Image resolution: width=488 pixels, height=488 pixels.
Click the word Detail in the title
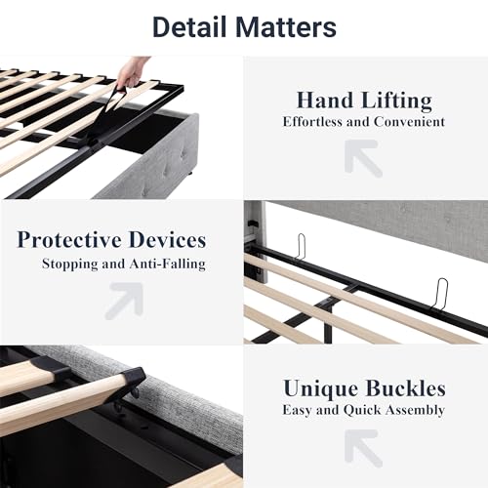click(189, 27)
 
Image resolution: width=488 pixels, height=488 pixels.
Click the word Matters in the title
click(286, 27)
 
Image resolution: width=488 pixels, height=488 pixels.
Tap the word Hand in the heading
click(325, 100)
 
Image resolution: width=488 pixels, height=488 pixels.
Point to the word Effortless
click(312, 122)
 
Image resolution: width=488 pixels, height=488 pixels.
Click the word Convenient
click(409, 122)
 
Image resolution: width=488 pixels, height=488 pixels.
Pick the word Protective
click(69, 240)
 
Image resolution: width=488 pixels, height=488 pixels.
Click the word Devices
click(168, 240)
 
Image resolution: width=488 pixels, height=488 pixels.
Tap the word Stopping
click(70, 264)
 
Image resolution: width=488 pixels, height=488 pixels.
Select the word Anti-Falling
click(168, 264)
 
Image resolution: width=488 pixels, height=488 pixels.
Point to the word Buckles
click(406, 388)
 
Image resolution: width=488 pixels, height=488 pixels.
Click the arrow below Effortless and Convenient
click(363, 158)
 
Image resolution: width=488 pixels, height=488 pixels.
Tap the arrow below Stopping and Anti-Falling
click(124, 301)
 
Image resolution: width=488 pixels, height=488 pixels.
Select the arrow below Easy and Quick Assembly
click(363, 448)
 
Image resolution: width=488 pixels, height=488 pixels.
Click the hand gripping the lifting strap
click(132, 73)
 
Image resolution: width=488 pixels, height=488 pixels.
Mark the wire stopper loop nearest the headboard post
click(301, 247)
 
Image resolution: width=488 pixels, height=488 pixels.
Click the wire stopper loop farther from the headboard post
click(440, 294)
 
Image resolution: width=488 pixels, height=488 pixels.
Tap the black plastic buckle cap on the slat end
click(132, 381)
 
